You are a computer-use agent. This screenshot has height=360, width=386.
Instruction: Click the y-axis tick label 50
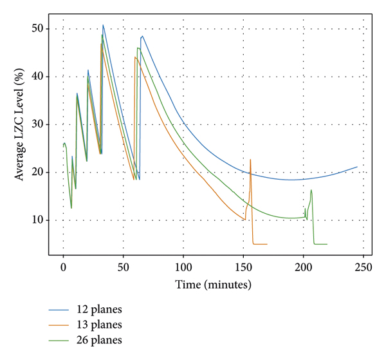tap(38, 29)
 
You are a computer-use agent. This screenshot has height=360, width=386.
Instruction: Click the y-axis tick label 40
tap(38, 77)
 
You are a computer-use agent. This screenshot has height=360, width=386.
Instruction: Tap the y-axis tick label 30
tap(38, 124)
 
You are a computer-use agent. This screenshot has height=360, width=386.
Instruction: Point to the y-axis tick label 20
tap(38, 172)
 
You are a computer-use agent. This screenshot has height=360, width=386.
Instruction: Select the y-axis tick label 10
tap(38, 220)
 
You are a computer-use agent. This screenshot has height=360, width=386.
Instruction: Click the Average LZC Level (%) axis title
tap(20, 125)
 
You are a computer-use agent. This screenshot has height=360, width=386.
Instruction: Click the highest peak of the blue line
tap(103, 25)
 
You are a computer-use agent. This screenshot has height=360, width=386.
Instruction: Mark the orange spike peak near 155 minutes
tap(250, 159)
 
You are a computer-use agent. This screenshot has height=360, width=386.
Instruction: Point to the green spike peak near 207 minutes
tap(311, 190)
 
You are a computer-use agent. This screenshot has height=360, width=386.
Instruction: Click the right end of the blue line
tap(357, 167)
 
